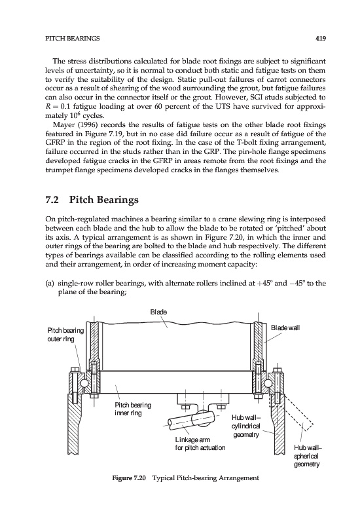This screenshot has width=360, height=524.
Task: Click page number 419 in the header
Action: (321, 39)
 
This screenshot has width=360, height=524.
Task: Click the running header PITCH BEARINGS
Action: (73, 39)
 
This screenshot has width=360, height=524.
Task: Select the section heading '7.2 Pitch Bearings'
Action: (92, 200)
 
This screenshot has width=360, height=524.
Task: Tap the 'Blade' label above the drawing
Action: (158, 312)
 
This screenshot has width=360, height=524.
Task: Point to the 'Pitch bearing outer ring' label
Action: (65, 335)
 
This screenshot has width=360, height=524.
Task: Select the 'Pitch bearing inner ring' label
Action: (133, 409)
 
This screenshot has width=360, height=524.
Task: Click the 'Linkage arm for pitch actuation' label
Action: (200, 443)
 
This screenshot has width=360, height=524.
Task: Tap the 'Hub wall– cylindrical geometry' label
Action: (246, 426)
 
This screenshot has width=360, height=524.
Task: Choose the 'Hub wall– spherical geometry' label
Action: (307, 456)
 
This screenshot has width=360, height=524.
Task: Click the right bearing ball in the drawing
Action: (268, 383)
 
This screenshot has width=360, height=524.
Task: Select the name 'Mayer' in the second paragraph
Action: (62, 125)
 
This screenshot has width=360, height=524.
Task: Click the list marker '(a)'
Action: (50, 284)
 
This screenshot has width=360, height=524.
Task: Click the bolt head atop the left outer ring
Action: (75, 370)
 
